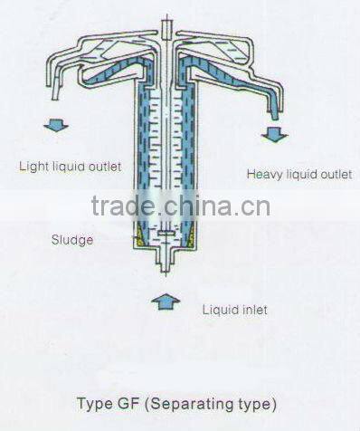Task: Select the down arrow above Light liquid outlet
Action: (x=53, y=128)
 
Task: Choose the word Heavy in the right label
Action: (x=262, y=172)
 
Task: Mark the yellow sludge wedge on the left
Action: (x=138, y=239)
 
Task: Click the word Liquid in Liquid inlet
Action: (x=219, y=310)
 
